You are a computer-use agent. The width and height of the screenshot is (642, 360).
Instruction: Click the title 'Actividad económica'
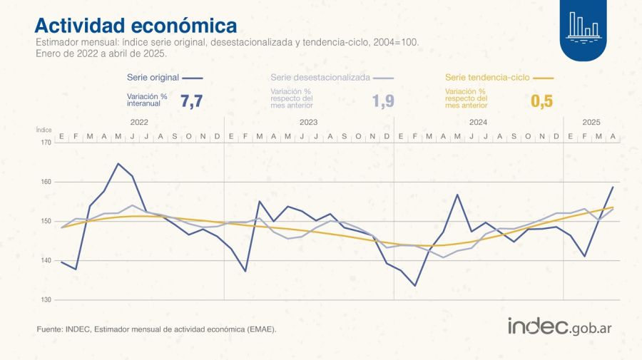(136, 26)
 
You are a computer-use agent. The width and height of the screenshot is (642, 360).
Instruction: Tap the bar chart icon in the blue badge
(582, 26)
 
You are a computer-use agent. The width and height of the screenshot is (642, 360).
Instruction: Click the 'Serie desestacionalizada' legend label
(320, 77)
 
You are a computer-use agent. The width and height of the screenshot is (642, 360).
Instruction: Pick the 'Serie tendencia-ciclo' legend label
(487, 77)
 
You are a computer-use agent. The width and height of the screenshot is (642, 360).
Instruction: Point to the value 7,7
(192, 101)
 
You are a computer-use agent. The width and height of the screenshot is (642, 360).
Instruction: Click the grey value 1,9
(383, 101)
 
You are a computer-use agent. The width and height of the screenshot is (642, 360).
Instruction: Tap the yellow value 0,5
(542, 101)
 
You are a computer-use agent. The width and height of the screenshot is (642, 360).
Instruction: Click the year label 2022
(139, 123)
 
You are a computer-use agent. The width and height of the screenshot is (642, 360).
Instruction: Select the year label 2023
(308, 123)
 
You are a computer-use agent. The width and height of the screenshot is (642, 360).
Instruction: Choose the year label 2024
(478, 123)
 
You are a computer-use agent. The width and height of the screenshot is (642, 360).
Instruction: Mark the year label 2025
(591, 123)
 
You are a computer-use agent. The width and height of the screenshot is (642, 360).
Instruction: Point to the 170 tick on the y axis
(46, 143)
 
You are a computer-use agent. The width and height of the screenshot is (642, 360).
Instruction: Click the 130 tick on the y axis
(46, 299)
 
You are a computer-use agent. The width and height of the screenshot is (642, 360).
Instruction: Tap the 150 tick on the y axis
(46, 221)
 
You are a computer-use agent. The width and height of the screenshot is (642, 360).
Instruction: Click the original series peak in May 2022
(118, 164)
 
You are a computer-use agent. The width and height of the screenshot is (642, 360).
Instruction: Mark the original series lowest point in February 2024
(415, 286)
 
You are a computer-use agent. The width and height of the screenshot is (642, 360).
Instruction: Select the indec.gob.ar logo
(560, 326)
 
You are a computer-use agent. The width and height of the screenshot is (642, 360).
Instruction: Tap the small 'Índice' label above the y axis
(44, 130)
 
